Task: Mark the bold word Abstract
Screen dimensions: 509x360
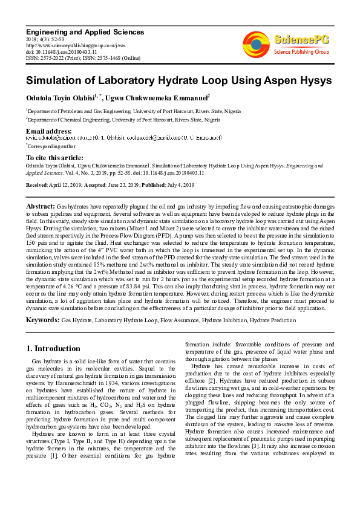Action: coord(41,207)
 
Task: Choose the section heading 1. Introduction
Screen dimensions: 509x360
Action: coord(54,348)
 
